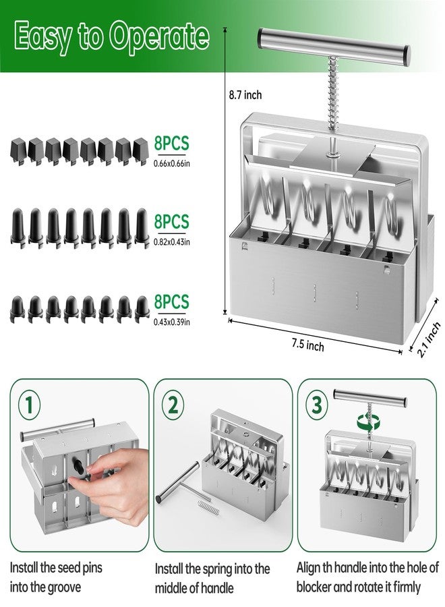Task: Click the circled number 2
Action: [174, 405]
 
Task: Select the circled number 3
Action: [316, 405]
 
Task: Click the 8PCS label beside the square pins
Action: [171, 143]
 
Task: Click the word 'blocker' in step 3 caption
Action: [321, 587]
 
